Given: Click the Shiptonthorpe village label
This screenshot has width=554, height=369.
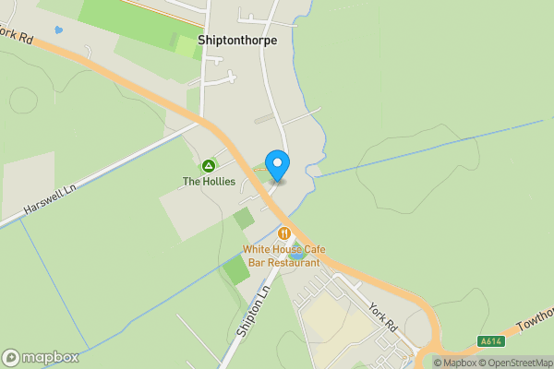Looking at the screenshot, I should tap(238, 41).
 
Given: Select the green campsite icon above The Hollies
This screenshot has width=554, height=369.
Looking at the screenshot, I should tap(209, 166).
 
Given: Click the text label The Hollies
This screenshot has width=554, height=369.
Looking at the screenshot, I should tap(209, 182).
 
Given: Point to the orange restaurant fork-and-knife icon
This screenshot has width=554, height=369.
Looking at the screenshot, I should tap(284, 234).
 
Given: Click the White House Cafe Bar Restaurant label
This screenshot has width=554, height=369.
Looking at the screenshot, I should tap(284, 256).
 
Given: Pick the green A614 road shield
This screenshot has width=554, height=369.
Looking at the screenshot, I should tap(491, 341).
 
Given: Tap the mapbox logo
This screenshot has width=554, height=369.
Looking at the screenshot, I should tap(41, 357).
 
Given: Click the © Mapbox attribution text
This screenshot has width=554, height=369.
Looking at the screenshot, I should tap(455, 363).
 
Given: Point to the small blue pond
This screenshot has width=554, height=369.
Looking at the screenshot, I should tap(58, 30).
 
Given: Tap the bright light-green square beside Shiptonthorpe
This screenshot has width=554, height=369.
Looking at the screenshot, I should tap(188, 47).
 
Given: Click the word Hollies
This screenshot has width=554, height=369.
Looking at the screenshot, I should tap(218, 182).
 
